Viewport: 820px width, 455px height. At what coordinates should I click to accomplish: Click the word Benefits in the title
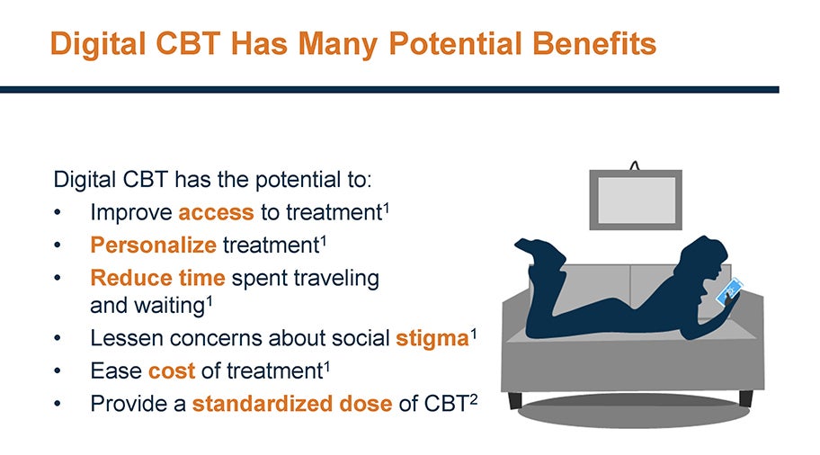(594, 43)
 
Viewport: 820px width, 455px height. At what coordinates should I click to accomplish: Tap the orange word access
(216, 213)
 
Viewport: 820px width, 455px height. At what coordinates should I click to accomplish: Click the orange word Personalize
(153, 245)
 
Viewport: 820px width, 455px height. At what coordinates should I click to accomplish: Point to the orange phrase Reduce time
(157, 278)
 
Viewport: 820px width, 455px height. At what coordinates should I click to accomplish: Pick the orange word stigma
(432, 339)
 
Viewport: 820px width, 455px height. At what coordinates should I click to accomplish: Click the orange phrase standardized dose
(292, 405)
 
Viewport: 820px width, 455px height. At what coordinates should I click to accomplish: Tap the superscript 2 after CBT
(473, 399)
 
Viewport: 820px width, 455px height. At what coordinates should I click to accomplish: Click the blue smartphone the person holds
(730, 292)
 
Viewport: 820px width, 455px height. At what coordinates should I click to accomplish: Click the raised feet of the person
(539, 251)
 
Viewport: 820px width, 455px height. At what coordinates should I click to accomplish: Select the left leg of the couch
(515, 400)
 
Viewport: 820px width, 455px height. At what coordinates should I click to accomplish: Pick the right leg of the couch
(745, 398)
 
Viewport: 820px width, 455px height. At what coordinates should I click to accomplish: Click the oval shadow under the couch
(633, 412)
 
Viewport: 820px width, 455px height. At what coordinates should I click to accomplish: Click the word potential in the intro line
(297, 181)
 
